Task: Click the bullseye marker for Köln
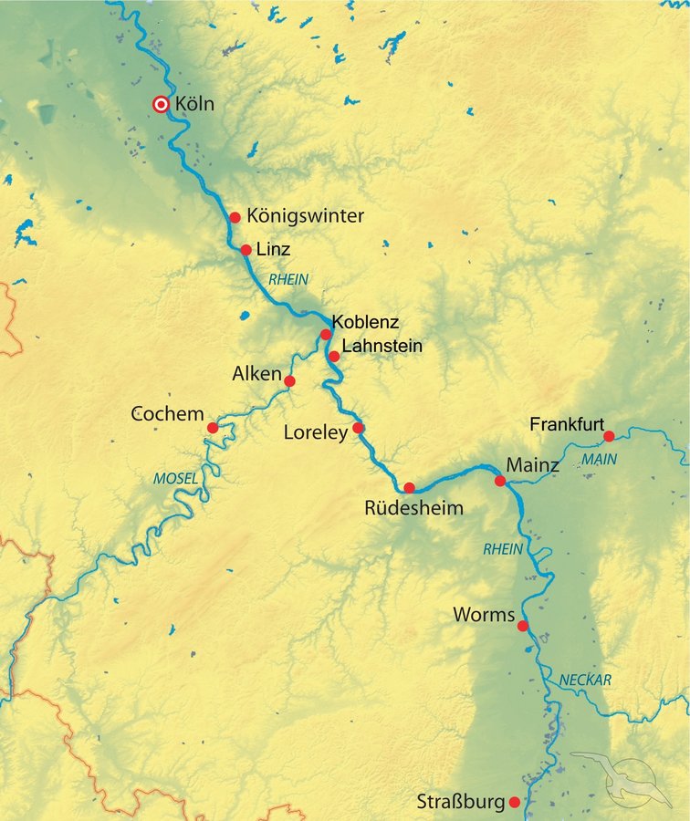coord(161,105)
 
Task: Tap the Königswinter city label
coord(305,216)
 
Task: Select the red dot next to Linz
coord(246,250)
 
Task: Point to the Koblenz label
coord(365,322)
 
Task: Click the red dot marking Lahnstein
coord(334,356)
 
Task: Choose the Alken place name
coord(256,373)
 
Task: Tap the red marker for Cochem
coord(212,427)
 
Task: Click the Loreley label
coord(316,433)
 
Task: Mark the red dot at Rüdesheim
coord(410,487)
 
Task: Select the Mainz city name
coord(533,465)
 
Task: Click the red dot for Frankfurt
coord(609,436)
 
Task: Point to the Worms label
coord(484,615)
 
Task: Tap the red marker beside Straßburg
coord(515,803)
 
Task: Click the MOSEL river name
coord(176,479)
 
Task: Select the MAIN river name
coord(600,459)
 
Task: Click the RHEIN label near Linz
coord(288,279)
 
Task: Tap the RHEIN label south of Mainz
coord(503,549)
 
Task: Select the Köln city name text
coord(194,104)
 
